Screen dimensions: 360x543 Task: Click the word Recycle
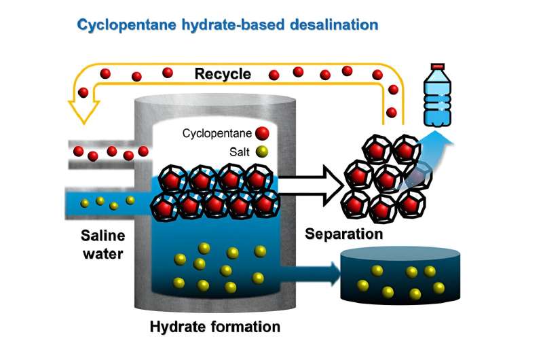tap(223, 73)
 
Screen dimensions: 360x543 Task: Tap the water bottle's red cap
tap(438, 67)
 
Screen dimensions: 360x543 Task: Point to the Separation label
tap(343, 234)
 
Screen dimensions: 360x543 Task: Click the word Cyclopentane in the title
tap(128, 26)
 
